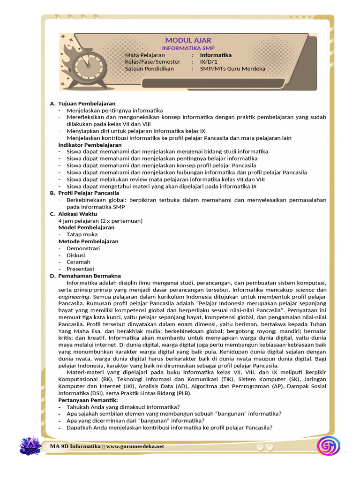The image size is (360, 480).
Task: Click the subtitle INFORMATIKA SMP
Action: point(187,48)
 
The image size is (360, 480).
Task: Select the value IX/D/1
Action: point(209,61)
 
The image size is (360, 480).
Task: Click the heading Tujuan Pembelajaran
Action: point(87,103)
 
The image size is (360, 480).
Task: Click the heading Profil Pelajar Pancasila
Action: point(89,193)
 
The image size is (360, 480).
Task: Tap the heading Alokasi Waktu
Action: point(77,214)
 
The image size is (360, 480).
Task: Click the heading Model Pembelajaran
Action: point(86,227)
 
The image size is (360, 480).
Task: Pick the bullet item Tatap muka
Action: point(82,234)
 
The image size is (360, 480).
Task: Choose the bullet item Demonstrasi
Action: point(83,248)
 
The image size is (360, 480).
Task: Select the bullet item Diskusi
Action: point(76,255)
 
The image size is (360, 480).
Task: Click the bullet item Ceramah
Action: point(78,262)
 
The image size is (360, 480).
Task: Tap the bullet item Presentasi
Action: point(80,269)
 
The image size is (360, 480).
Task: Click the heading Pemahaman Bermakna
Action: point(89,276)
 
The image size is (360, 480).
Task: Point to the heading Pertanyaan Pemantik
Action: point(88,400)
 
